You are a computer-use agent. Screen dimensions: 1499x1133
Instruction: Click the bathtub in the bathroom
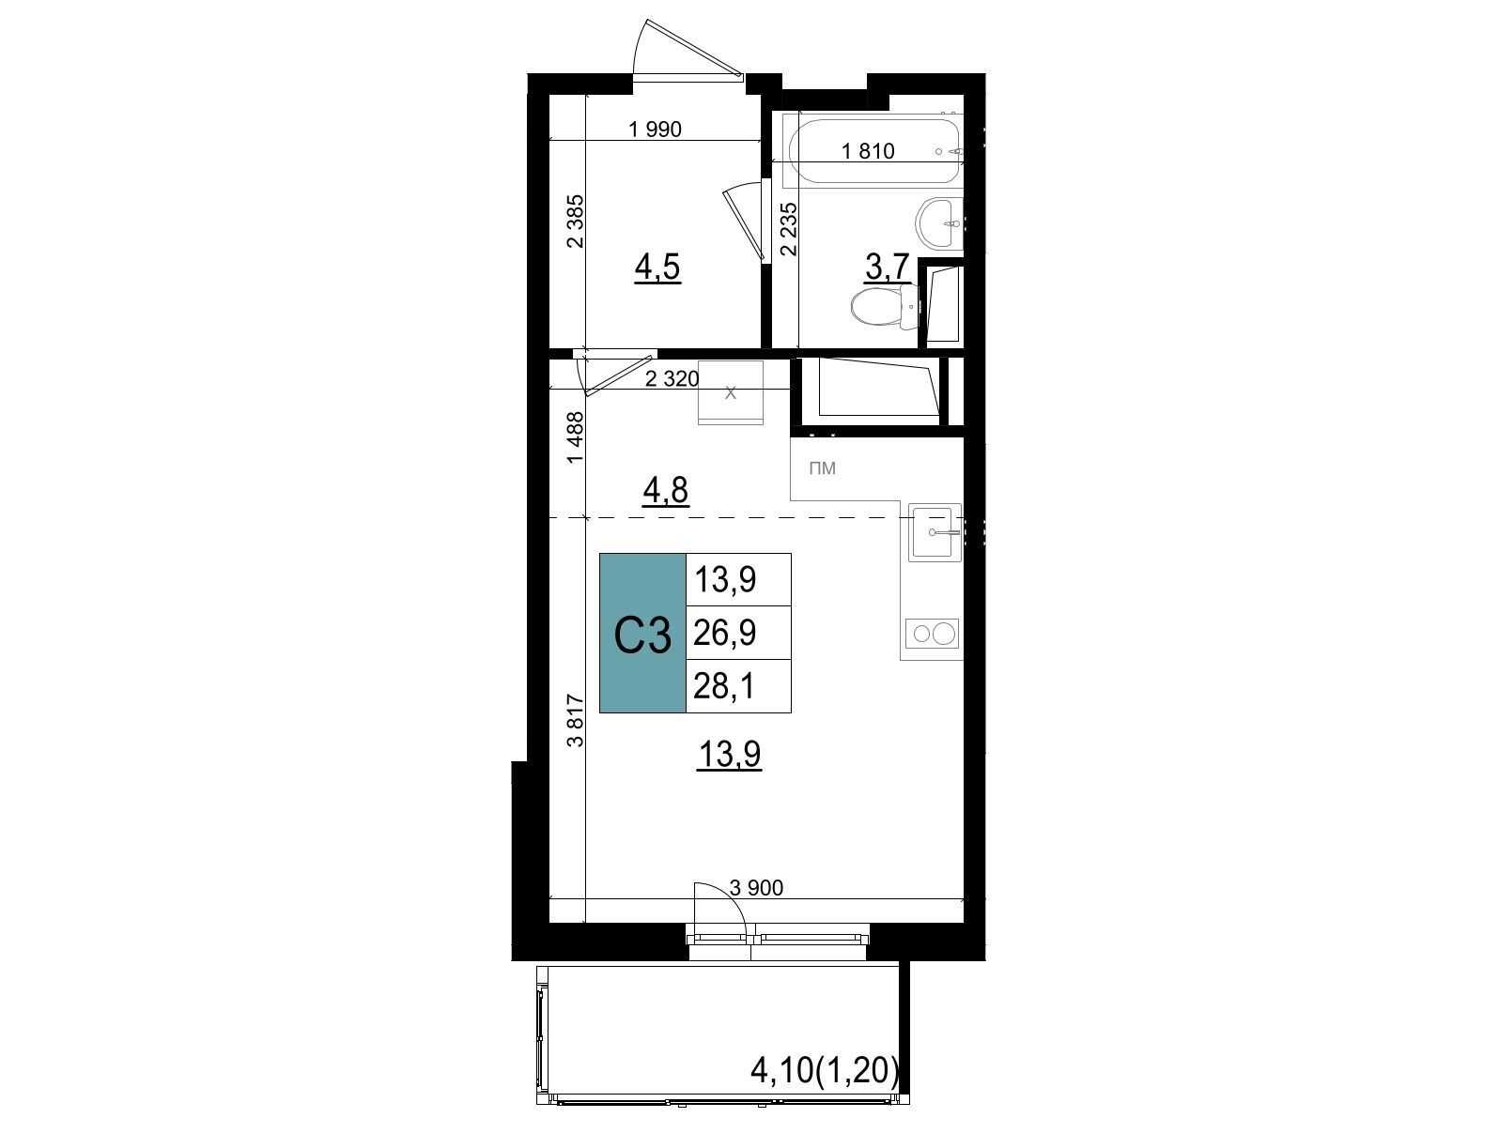pyautogui.click(x=875, y=151)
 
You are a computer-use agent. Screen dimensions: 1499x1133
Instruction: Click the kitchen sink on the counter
pyautogui.click(x=935, y=532)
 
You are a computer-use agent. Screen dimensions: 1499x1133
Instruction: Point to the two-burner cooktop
pyautogui.click(x=932, y=634)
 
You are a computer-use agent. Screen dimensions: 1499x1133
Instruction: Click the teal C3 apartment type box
pyautogui.click(x=641, y=633)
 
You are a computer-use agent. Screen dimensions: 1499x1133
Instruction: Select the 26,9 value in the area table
pyautogui.click(x=724, y=634)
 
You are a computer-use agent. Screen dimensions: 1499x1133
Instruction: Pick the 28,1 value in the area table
pyautogui.click(x=724, y=686)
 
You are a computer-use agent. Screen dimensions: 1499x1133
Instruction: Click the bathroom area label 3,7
pyautogui.click(x=888, y=267)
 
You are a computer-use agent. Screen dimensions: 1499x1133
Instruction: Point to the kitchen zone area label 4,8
pyautogui.click(x=666, y=490)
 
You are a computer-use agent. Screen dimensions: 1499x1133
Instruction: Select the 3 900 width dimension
pyautogui.click(x=756, y=887)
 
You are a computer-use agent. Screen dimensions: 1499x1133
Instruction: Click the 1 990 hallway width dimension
pyautogui.click(x=655, y=129)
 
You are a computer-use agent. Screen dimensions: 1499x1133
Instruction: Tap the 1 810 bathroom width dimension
pyautogui.click(x=868, y=151)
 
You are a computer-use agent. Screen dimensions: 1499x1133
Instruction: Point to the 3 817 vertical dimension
pyautogui.click(x=576, y=720)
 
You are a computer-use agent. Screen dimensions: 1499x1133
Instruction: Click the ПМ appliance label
pyautogui.click(x=822, y=468)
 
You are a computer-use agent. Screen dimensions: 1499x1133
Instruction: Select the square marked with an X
pyautogui.click(x=730, y=392)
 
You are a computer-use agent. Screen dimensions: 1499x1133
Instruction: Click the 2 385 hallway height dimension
pyautogui.click(x=576, y=222)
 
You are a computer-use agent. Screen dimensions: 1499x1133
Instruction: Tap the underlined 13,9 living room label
pyautogui.click(x=730, y=756)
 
